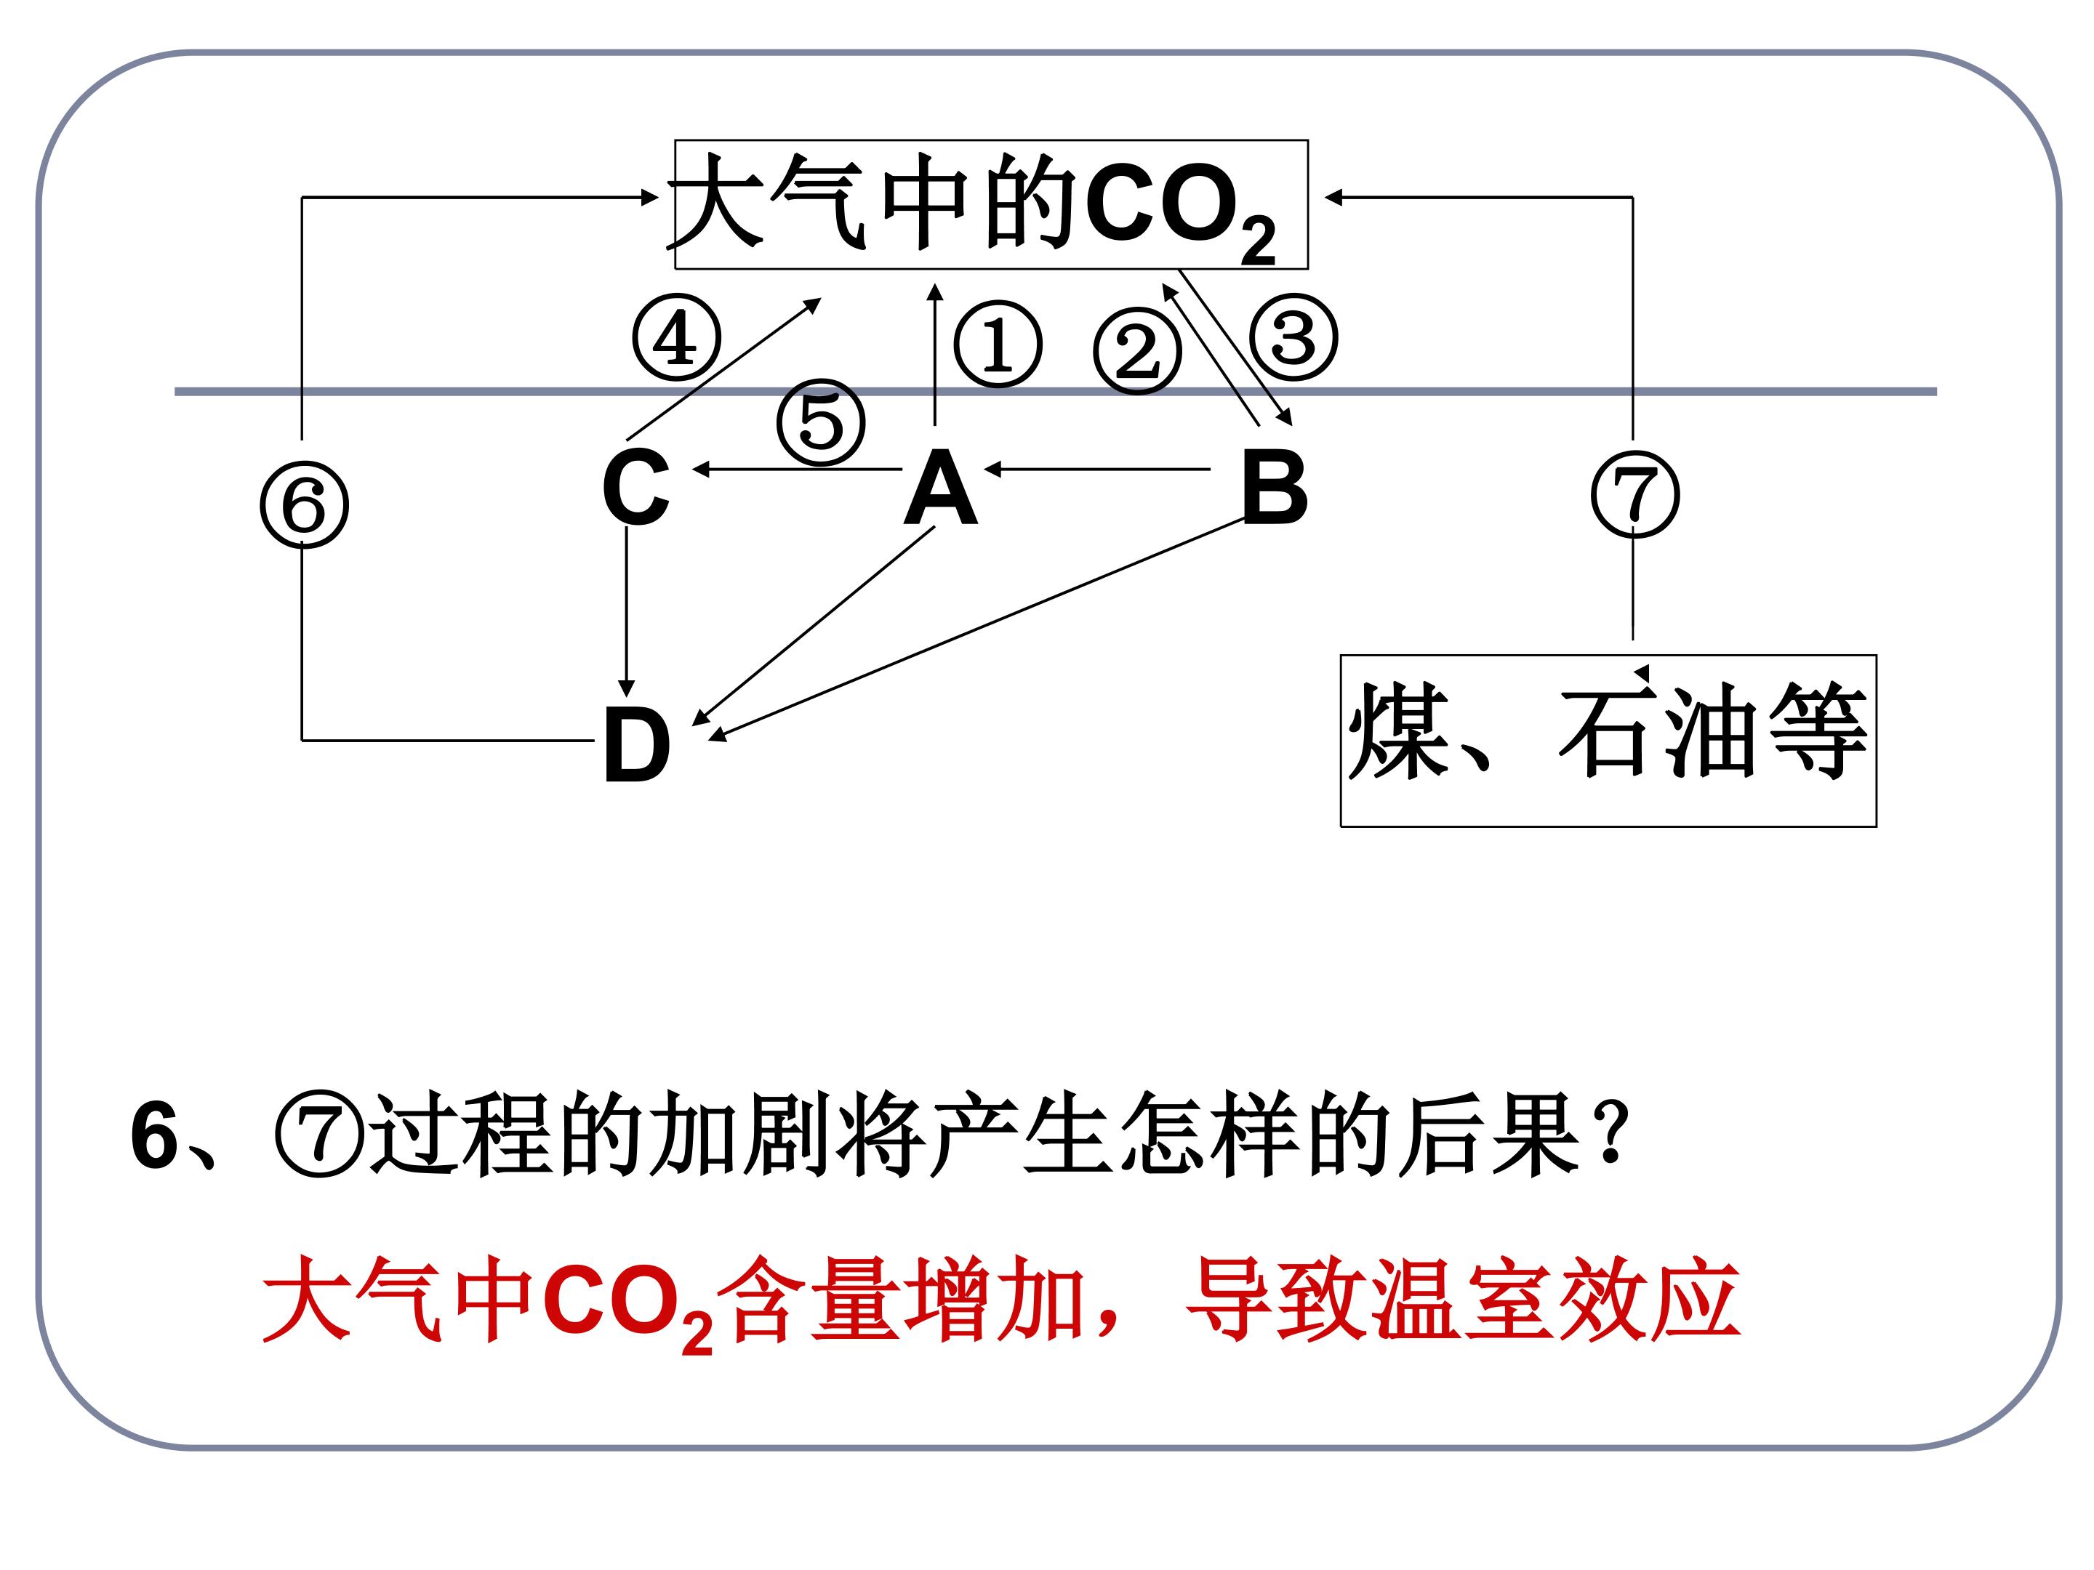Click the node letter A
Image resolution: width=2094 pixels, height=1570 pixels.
point(940,488)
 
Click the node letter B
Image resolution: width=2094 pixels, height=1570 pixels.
point(1274,488)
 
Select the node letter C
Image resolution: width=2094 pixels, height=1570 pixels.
point(636,488)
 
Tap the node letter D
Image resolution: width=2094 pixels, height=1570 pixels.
point(637,745)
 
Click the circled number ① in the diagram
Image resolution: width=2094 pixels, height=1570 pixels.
point(998,345)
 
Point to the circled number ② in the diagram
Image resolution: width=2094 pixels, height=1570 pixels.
point(1137,351)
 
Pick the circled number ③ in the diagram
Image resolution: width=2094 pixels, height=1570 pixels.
point(1293,338)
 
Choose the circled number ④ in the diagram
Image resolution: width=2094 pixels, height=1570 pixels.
point(676,338)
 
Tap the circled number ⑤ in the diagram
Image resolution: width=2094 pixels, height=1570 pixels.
point(821,422)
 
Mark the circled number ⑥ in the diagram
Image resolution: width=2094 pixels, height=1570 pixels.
point(304,504)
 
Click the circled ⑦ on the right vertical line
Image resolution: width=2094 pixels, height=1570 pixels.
point(1635,495)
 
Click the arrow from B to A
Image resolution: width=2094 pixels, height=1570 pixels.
point(1097,468)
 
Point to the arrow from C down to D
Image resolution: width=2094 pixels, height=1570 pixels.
point(626,611)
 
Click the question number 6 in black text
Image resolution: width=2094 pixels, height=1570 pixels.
point(154,1135)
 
